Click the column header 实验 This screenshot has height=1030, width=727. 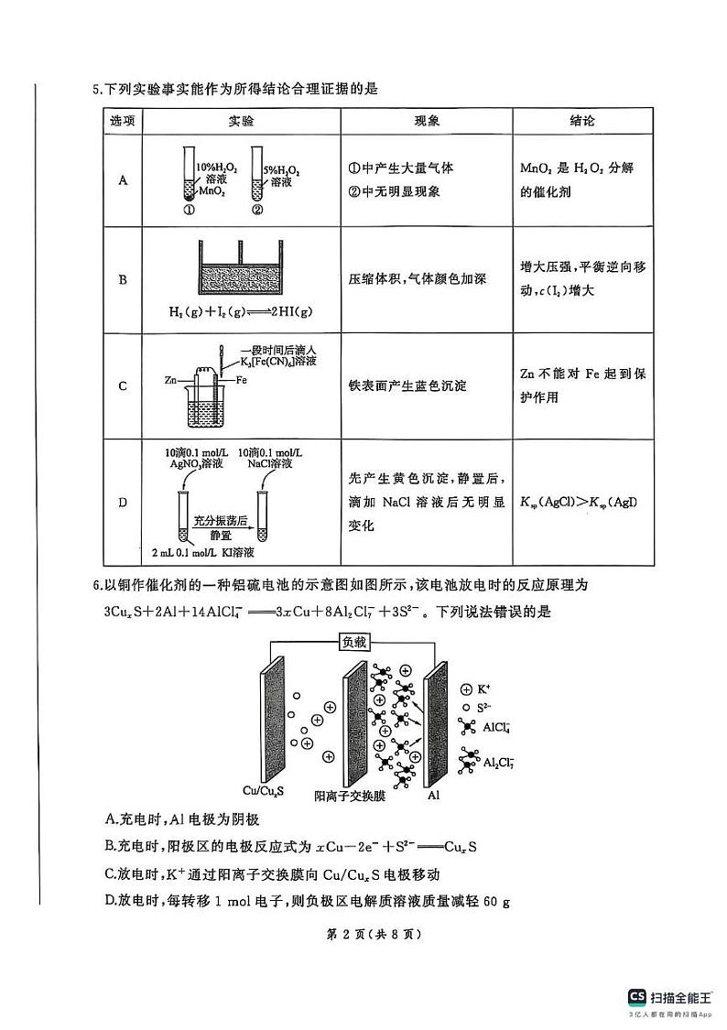tap(241, 122)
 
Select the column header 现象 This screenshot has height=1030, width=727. tap(427, 122)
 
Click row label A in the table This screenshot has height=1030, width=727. tap(123, 180)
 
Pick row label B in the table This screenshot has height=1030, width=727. tap(123, 279)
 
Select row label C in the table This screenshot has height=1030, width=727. tap(123, 385)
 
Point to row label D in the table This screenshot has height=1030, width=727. tap(123, 503)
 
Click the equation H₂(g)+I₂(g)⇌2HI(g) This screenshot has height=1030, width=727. tap(240, 312)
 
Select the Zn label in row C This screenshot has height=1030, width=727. tap(171, 378)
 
